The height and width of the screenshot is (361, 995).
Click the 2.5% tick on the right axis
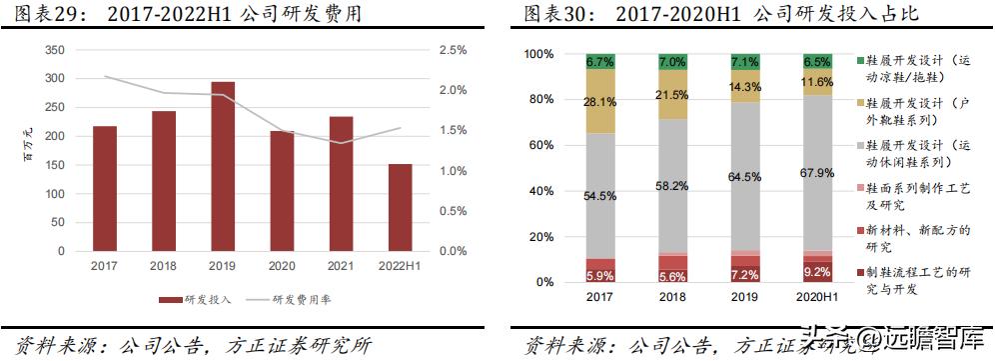pos(453,49)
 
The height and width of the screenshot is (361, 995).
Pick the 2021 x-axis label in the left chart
pos(340,266)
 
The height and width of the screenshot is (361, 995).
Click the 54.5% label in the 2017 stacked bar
pos(599,196)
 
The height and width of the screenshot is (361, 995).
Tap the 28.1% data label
pos(599,101)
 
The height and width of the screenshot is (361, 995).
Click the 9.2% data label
pos(817,271)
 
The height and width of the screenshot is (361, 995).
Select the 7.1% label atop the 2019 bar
pos(744,62)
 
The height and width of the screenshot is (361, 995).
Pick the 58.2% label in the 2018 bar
pos(672,186)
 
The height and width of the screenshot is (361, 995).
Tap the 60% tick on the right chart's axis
pos(538,145)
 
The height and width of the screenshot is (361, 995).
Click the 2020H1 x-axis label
pos(817,298)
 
